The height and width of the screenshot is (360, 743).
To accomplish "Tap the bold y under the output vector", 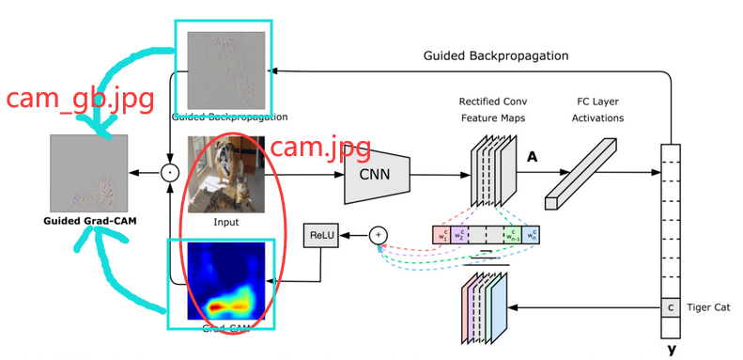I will (671, 350).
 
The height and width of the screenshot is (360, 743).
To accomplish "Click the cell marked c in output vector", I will (671, 307).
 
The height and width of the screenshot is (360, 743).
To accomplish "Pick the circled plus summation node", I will (378, 235).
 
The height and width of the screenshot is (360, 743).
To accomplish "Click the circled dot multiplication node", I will (169, 172).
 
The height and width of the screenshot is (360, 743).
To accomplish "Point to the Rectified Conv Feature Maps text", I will (493, 109).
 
